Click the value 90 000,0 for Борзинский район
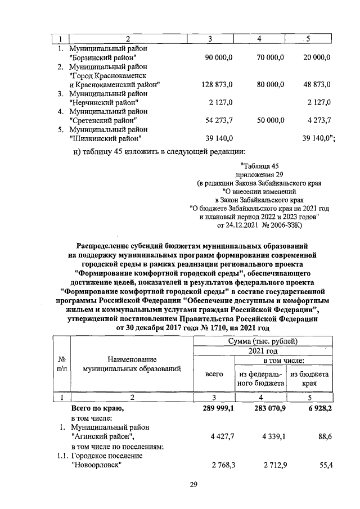217,57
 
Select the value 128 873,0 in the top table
217,84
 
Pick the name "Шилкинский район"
105,138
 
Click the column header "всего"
215,373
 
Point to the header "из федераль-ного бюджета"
262,378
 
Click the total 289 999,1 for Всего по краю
217,409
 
